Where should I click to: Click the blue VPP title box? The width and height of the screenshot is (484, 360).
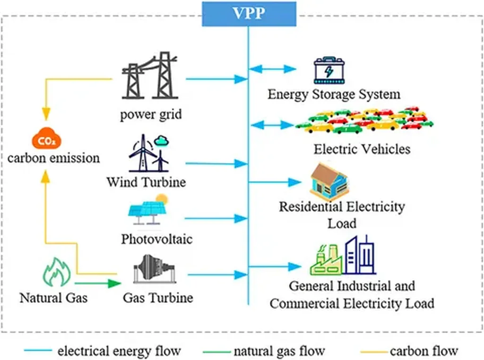249,13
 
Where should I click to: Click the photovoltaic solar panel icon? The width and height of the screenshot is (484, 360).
148,211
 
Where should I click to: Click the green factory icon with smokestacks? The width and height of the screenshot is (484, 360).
326,260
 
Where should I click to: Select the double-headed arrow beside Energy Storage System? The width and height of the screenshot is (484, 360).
272,69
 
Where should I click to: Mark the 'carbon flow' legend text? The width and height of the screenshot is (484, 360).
423,351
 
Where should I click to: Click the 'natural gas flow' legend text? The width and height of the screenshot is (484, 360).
279,351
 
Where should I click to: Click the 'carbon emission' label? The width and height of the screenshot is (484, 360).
53,158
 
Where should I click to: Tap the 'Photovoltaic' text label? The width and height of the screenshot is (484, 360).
156,239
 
